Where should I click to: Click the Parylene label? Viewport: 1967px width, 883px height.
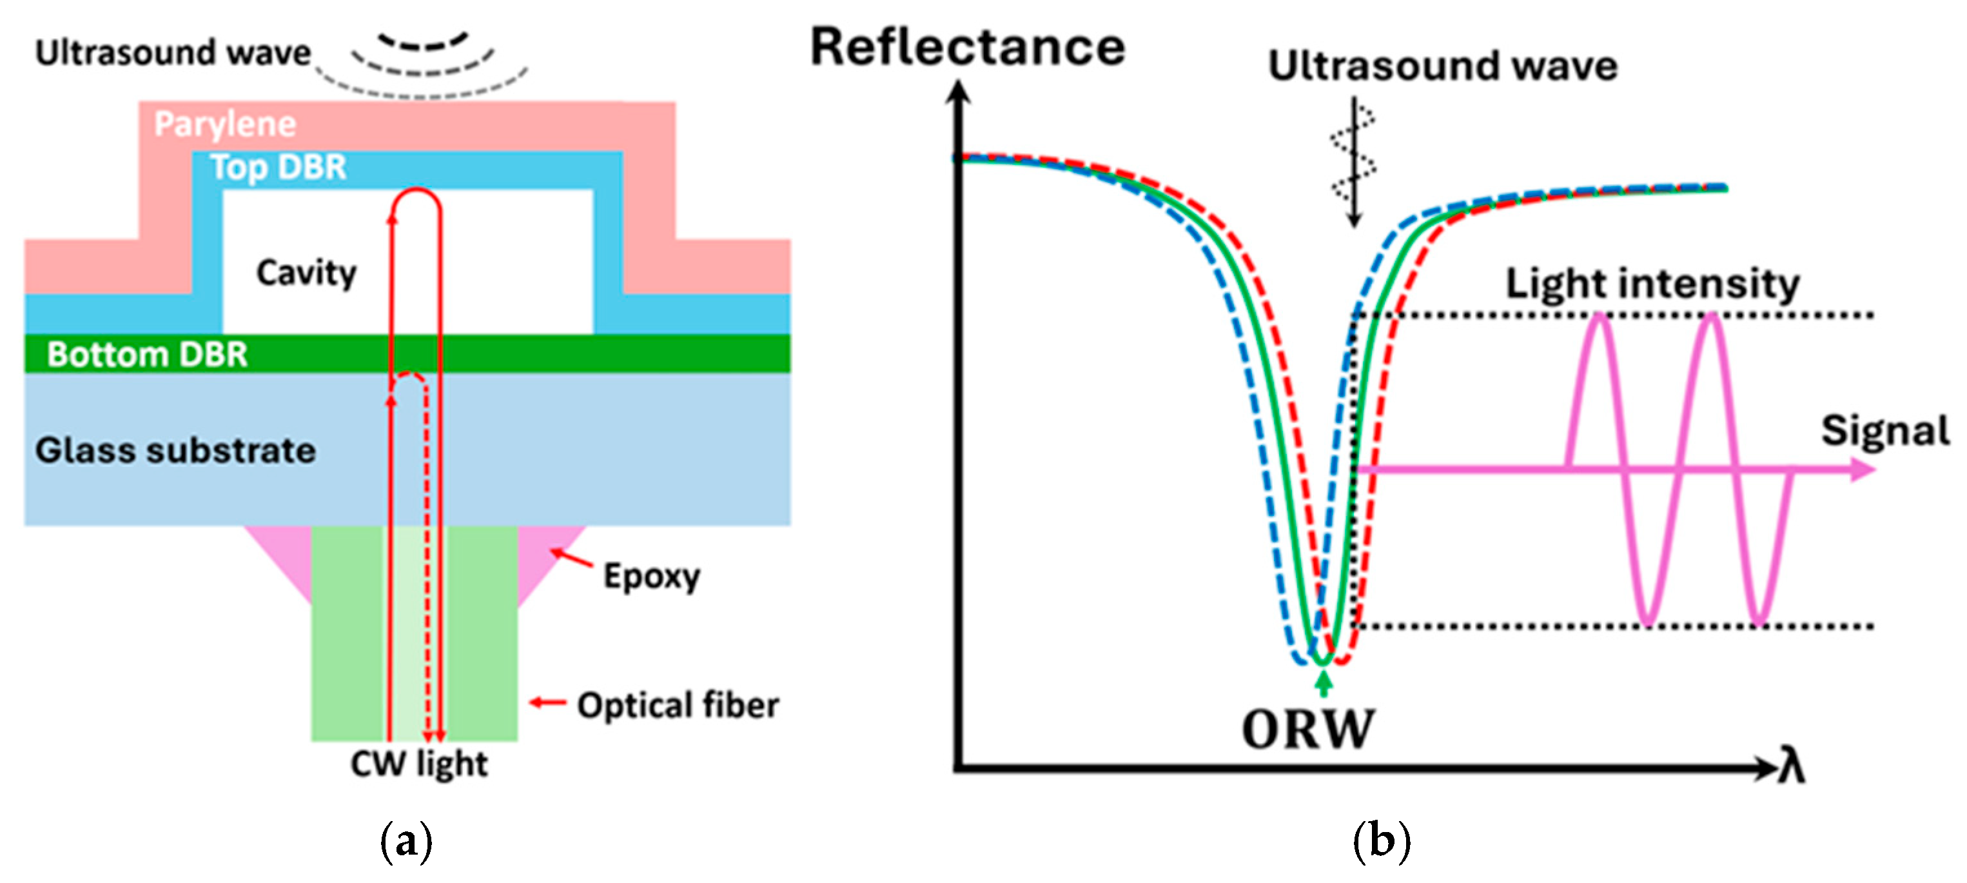(225, 124)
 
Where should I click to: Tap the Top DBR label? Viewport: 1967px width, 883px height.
(279, 167)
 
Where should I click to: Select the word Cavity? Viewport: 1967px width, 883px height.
(306, 273)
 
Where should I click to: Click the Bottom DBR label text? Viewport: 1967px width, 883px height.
(148, 354)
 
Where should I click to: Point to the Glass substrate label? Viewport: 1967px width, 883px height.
(175, 450)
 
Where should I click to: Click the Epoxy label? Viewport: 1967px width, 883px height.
(651, 577)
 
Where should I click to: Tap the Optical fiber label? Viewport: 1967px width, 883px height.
(678, 705)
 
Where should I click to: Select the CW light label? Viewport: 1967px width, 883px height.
(418, 764)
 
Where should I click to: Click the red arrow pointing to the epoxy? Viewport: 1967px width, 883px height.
(571, 558)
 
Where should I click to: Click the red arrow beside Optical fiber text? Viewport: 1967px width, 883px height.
(547, 702)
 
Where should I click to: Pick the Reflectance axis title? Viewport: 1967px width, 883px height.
(968, 47)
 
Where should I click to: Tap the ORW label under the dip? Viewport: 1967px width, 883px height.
(1308, 729)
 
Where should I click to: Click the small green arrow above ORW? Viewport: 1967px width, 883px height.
(1324, 682)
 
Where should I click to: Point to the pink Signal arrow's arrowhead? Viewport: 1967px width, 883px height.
(1863, 469)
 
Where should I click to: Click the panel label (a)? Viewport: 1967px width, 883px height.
(406, 842)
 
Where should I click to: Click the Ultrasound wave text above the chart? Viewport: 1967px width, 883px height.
(1442, 66)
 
